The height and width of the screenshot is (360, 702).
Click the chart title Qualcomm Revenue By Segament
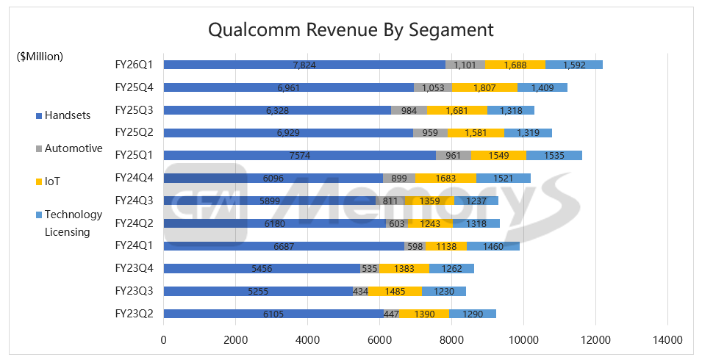click(x=351, y=30)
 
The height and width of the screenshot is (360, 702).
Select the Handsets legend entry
click(x=65, y=115)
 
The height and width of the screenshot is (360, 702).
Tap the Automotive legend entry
click(x=73, y=148)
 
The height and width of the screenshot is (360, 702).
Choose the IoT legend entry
click(x=54, y=181)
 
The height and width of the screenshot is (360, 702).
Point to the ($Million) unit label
click(x=40, y=56)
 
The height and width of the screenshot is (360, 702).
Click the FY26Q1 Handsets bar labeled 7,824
click(x=304, y=65)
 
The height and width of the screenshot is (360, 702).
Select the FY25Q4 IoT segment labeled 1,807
click(x=485, y=87)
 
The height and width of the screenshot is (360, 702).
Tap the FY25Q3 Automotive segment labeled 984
click(x=409, y=110)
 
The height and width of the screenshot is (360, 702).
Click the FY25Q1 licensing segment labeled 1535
click(x=554, y=156)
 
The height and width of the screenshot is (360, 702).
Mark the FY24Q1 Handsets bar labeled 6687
click(x=284, y=246)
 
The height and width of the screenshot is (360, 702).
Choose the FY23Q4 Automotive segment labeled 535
click(x=370, y=269)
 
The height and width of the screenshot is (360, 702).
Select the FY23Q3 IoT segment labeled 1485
click(x=395, y=291)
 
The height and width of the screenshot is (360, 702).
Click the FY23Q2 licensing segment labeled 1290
click(x=473, y=314)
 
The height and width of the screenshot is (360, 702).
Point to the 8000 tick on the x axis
click(x=451, y=340)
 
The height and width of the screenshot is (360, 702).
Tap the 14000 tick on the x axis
click(x=667, y=340)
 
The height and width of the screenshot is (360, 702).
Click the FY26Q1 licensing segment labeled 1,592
click(x=574, y=65)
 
